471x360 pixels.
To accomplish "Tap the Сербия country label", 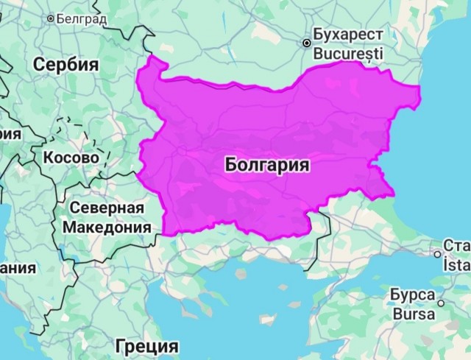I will pos(65,64).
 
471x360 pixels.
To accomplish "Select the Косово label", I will pos(71,158).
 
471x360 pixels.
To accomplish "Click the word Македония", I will pos(107,227).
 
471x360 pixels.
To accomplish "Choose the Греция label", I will pos(147,345).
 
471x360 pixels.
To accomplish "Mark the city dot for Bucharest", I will pos(306,43).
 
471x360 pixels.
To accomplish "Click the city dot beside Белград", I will pos(51,18).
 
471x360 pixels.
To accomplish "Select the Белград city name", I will pos(82,18).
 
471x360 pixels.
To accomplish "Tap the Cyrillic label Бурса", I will pos(411,295).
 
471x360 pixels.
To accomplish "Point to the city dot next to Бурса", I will pos(441,303).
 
